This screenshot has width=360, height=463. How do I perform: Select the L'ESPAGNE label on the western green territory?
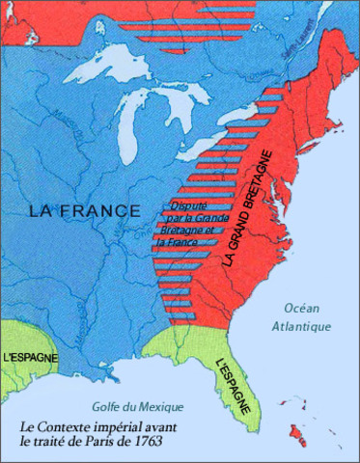tap(29, 357)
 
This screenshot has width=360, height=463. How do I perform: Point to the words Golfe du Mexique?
tap(125, 405)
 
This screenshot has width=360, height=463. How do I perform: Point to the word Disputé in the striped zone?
tap(188, 205)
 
